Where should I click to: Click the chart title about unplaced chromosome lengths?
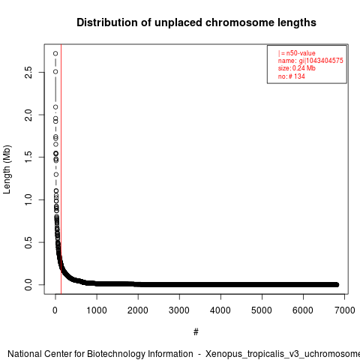(x=196, y=22)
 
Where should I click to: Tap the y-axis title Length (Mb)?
(x=7, y=169)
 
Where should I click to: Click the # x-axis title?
(x=196, y=332)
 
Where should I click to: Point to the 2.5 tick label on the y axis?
(x=28, y=72)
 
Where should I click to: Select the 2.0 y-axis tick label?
(x=28, y=115)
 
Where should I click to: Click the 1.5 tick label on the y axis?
(x=28, y=157)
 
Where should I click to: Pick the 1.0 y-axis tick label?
(x=28, y=199)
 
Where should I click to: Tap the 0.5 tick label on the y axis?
(x=28, y=242)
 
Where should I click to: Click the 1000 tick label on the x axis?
(x=97, y=310)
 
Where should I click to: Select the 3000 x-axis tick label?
(x=179, y=310)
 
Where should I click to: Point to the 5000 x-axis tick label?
(x=262, y=310)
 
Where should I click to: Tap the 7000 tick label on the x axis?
(x=344, y=310)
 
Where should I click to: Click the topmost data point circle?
(x=55, y=53)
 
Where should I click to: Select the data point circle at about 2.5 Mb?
(x=55, y=72)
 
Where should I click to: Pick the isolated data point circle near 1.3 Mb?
(x=56, y=174)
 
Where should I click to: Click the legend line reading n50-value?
(x=297, y=53)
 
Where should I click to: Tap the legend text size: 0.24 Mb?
(x=297, y=68)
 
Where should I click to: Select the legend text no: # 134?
(x=292, y=76)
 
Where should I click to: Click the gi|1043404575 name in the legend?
(x=321, y=61)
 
